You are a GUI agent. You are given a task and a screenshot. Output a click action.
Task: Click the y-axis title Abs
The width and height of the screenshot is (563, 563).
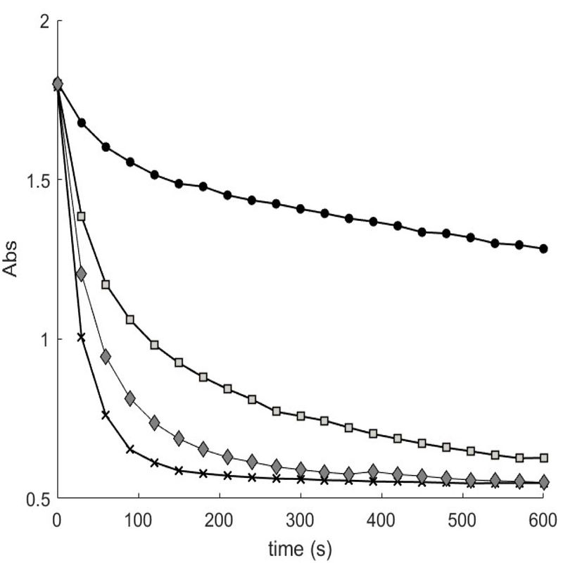(x=15, y=260)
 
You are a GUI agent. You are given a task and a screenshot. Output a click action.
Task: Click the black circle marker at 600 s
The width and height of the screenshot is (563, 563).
(x=543, y=248)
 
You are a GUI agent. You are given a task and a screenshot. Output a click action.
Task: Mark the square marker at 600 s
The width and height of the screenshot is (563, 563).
(x=543, y=457)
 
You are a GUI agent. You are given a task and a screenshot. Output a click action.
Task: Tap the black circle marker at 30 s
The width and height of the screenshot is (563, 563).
(x=82, y=122)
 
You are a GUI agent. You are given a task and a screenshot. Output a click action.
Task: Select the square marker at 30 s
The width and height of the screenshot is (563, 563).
(x=82, y=216)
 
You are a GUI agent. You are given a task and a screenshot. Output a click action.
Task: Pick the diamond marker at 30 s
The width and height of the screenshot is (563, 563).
(x=82, y=274)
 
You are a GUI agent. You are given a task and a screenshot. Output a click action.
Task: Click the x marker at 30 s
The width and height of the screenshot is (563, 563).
(x=82, y=337)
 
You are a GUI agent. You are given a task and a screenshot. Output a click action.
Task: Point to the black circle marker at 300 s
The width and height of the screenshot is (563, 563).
(x=301, y=209)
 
